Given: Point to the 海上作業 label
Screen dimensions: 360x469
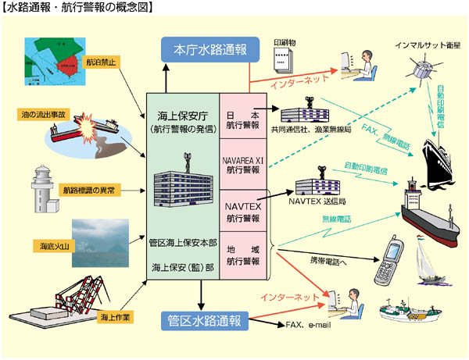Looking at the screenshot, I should pyautogui.click(x=115, y=317).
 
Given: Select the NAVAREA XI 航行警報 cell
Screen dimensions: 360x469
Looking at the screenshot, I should pyautogui.click(x=242, y=163).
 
